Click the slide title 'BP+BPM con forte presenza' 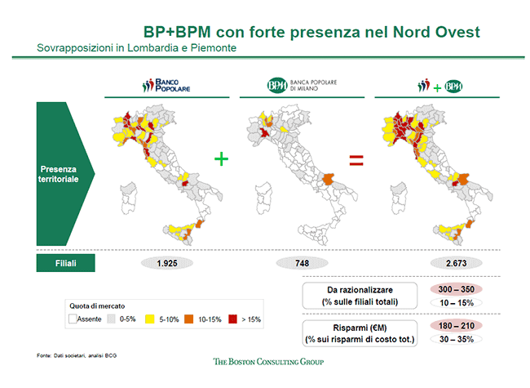click(x=311, y=32)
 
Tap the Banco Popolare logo click(x=166, y=85)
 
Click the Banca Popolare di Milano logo click(x=302, y=86)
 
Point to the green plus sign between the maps click(x=221, y=158)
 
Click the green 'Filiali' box click(x=65, y=262)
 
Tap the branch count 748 click(x=301, y=263)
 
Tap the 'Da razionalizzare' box click(x=360, y=297)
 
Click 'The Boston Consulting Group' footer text click(x=268, y=361)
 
